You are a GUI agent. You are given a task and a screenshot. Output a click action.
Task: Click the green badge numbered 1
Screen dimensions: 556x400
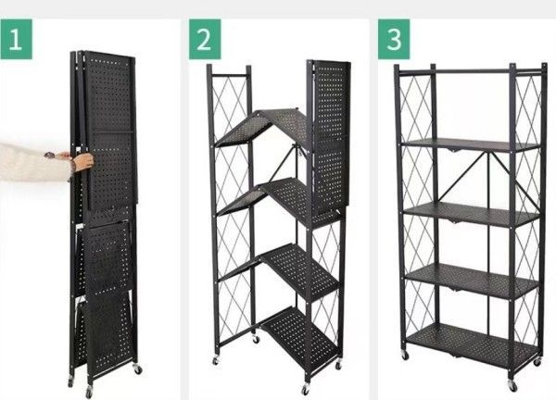click(x=16, y=39)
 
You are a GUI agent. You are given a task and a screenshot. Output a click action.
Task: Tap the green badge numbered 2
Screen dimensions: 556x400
click(x=205, y=39)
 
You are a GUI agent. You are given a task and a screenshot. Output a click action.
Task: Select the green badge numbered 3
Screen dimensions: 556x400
click(x=394, y=39)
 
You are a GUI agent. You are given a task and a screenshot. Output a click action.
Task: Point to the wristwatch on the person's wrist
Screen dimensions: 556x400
click(x=50, y=156)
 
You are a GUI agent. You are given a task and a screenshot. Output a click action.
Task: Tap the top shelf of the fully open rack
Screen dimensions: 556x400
click(x=471, y=145)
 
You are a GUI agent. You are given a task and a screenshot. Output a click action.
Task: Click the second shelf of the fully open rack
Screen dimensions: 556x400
click(x=472, y=214)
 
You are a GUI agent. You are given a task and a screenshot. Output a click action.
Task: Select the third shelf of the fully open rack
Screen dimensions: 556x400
click(x=473, y=281)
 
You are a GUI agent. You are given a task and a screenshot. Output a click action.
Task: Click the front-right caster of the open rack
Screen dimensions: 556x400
click(x=512, y=385)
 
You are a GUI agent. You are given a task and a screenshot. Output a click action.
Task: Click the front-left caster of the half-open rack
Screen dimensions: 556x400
click(x=215, y=361)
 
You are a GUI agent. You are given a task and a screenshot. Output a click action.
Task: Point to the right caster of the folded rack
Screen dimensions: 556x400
click(x=137, y=369)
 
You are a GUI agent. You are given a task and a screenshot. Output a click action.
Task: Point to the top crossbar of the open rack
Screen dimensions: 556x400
click(x=471, y=71)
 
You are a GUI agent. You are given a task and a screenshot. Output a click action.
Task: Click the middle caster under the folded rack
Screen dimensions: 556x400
click(x=89, y=392)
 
